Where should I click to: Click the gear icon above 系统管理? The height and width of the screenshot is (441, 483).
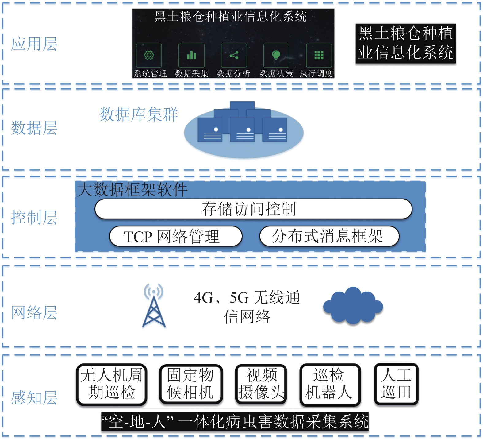tap(149, 55)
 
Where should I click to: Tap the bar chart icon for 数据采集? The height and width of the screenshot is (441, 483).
tap(191, 55)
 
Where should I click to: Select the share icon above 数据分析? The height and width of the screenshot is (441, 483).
tap(234, 55)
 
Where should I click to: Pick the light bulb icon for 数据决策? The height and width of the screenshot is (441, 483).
tap(276, 55)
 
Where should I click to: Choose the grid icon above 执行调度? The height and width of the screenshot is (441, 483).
tap(319, 55)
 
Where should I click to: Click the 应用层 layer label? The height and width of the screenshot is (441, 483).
tap(34, 44)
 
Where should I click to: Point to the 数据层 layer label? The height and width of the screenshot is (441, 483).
tap(34, 128)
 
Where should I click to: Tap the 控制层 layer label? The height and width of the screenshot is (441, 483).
tap(34, 218)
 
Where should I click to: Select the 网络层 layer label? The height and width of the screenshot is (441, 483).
tap(34, 313)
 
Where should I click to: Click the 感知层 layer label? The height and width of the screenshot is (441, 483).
tap(34, 398)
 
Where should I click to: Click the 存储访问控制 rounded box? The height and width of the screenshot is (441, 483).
tap(253, 209)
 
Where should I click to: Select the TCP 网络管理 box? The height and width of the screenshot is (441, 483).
tap(176, 236)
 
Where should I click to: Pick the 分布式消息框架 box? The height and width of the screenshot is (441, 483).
tap(329, 236)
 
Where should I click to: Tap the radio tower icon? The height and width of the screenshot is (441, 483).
tap(154, 306)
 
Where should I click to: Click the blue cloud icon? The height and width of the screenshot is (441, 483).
tap(353, 306)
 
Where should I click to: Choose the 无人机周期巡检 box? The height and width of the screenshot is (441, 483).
tap(112, 384)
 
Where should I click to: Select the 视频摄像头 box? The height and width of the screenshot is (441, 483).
tap(261, 384)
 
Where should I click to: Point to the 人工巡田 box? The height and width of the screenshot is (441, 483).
tap(396, 384)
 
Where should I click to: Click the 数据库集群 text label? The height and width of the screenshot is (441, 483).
tap(138, 114)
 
